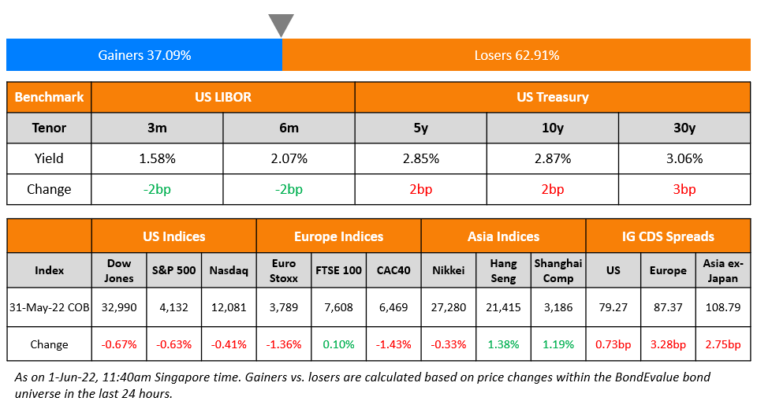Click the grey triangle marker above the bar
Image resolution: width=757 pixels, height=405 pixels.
(x=281, y=24)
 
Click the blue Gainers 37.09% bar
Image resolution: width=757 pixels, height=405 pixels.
(x=144, y=55)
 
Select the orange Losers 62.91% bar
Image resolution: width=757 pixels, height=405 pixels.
(x=516, y=55)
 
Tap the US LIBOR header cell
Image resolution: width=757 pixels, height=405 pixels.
(x=223, y=97)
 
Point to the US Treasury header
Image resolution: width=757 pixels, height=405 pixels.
(x=552, y=97)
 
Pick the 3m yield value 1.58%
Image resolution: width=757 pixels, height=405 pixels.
(x=157, y=158)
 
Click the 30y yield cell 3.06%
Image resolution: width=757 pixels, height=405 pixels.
(x=684, y=158)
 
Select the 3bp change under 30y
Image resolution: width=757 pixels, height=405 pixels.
(x=684, y=189)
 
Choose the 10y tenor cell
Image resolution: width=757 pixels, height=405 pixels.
(x=552, y=128)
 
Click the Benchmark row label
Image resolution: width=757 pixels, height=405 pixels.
(x=49, y=97)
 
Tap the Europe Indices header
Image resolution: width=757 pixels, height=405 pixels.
(x=338, y=236)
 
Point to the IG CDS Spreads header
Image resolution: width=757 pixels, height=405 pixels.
(x=667, y=236)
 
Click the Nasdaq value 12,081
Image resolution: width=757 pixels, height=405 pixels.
(x=229, y=307)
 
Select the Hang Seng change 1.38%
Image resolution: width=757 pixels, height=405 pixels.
(x=503, y=344)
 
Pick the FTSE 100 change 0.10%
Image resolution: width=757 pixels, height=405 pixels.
(x=338, y=344)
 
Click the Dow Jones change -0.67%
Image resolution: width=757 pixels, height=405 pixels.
(x=119, y=344)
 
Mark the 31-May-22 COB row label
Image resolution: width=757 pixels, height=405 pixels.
(x=49, y=307)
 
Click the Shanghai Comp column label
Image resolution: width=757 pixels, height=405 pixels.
(x=557, y=270)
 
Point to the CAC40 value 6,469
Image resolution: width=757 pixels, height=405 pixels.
(x=393, y=307)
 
